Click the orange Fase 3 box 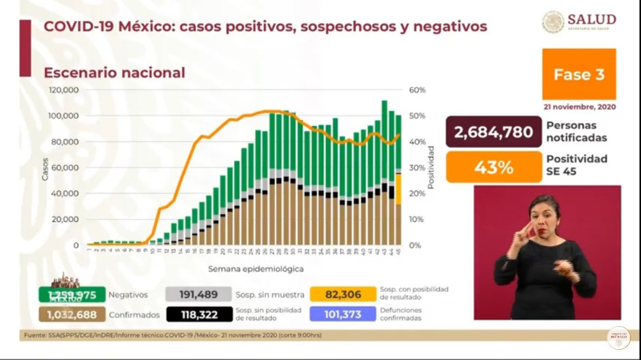(x=578, y=74)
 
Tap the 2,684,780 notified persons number (x=490, y=132)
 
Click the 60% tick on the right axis (x=417, y=90)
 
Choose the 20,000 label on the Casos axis (x=66, y=220)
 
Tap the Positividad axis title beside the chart (x=431, y=167)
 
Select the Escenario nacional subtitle (x=114, y=72)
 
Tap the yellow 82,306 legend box (x=343, y=294)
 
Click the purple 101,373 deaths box (x=343, y=314)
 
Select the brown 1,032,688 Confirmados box (x=72, y=314)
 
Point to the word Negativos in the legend (x=128, y=295)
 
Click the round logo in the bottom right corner (x=618, y=338)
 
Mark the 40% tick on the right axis (x=417, y=142)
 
